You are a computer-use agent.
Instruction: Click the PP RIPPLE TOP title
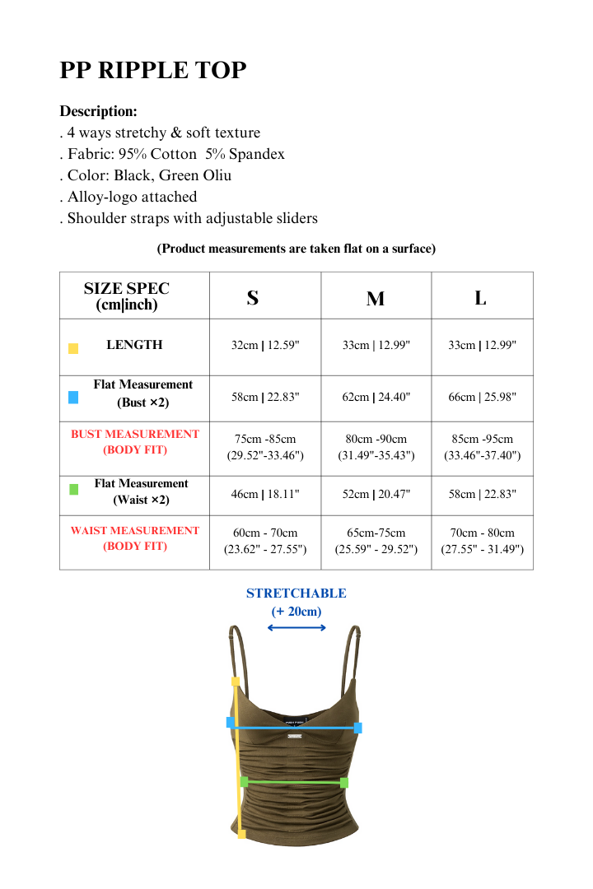153,71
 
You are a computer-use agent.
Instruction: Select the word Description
98,111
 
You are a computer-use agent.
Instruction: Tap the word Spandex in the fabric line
258,154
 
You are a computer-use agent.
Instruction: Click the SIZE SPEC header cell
127,296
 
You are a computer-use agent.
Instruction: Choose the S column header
253,298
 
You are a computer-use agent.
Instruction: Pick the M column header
376,299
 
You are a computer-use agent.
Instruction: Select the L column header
480,298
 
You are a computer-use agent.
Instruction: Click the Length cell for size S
265,346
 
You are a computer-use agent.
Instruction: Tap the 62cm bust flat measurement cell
376,397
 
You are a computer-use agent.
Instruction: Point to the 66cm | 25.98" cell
482,397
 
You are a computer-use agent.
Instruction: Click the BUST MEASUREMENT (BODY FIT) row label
135,442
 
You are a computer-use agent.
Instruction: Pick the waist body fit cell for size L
482,541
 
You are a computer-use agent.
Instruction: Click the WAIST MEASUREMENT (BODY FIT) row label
135,538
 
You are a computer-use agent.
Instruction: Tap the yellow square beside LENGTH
73,348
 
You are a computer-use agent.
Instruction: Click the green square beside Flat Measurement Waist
73,489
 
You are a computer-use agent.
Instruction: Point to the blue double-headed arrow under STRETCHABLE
296,628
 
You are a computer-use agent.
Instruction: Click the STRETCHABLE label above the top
296,593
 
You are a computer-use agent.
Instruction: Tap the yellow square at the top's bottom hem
241,834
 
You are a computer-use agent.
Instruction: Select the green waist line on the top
293,782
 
